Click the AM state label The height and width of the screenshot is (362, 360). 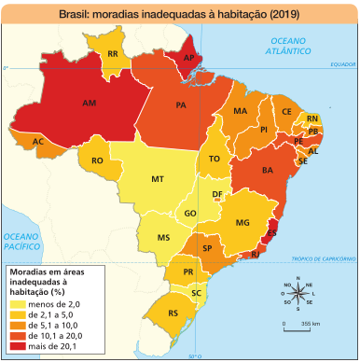[90, 103]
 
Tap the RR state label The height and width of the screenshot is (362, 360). [113, 55]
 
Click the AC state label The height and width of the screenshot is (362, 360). [38, 142]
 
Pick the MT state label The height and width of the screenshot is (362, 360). [158, 178]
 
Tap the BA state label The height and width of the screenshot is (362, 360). [266, 171]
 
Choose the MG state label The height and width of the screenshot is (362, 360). [243, 223]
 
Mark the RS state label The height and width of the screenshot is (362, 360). [173, 312]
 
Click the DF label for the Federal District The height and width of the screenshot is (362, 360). [217, 195]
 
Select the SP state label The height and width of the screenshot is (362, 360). [207, 249]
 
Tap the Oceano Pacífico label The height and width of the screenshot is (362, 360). [21, 244]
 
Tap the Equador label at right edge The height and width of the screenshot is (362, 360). [342, 65]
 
